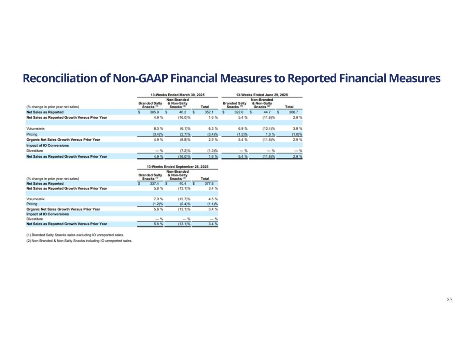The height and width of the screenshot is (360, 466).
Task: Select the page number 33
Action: pos(449,300)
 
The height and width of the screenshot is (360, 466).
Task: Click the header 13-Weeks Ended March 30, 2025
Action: pos(178,95)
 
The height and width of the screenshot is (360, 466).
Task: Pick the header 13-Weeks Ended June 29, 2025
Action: pos(262,95)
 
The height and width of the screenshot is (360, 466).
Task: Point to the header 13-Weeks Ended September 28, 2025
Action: pos(178,167)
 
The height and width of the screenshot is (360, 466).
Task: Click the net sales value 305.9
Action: pos(155,112)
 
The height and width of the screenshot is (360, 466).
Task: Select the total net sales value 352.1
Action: pos(209,112)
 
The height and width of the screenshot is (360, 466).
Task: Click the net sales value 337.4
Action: pos(155,184)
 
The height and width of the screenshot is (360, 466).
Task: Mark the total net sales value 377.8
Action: pos(209,184)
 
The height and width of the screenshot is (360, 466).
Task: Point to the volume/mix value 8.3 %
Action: pos(158,129)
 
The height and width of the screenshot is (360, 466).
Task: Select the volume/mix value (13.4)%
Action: pos(268,129)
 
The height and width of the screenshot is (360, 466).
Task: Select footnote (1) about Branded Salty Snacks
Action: pos(75,235)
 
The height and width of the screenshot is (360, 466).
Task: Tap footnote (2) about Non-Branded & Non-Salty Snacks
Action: pos(79,241)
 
